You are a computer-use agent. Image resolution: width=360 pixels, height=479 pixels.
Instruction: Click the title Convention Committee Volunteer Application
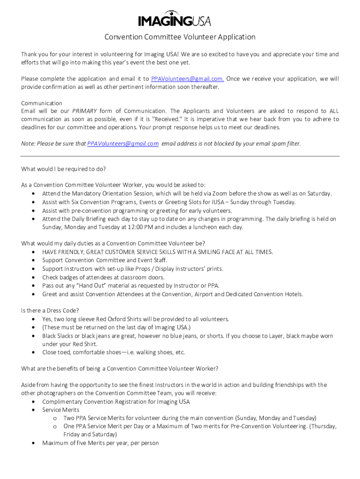[x=180, y=37]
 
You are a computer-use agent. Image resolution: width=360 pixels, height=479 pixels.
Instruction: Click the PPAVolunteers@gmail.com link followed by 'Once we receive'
[x=187, y=79]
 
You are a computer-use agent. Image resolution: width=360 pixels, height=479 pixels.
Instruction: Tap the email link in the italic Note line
[x=123, y=144]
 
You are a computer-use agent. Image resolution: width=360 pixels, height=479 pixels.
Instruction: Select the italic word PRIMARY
[x=85, y=111]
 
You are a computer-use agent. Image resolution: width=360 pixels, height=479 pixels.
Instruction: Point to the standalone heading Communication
[x=42, y=103]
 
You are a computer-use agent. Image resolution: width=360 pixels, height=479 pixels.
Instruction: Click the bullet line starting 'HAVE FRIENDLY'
[x=158, y=252]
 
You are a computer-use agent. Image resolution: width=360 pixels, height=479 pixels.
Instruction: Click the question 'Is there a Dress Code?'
[x=50, y=311]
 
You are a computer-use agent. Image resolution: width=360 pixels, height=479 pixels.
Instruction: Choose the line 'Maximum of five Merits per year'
[x=101, y=443]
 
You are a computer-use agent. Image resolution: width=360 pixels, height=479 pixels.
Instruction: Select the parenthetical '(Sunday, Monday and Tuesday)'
[x=276, y=418]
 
